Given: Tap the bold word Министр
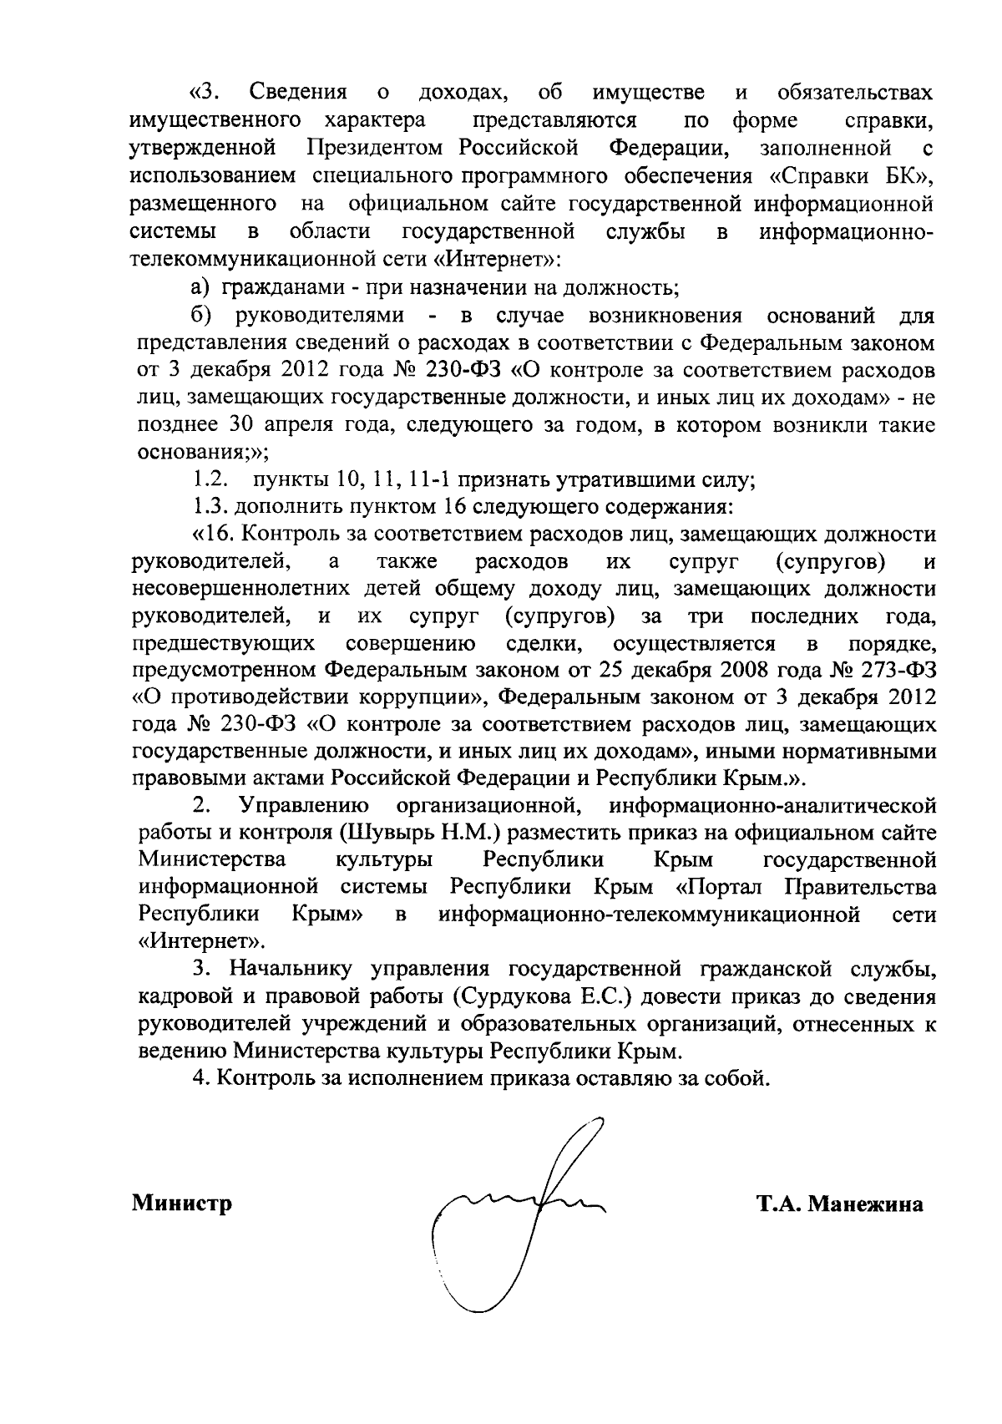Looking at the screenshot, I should [x=181, y=1204].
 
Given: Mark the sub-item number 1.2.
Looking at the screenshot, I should [x=211, y=479].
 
